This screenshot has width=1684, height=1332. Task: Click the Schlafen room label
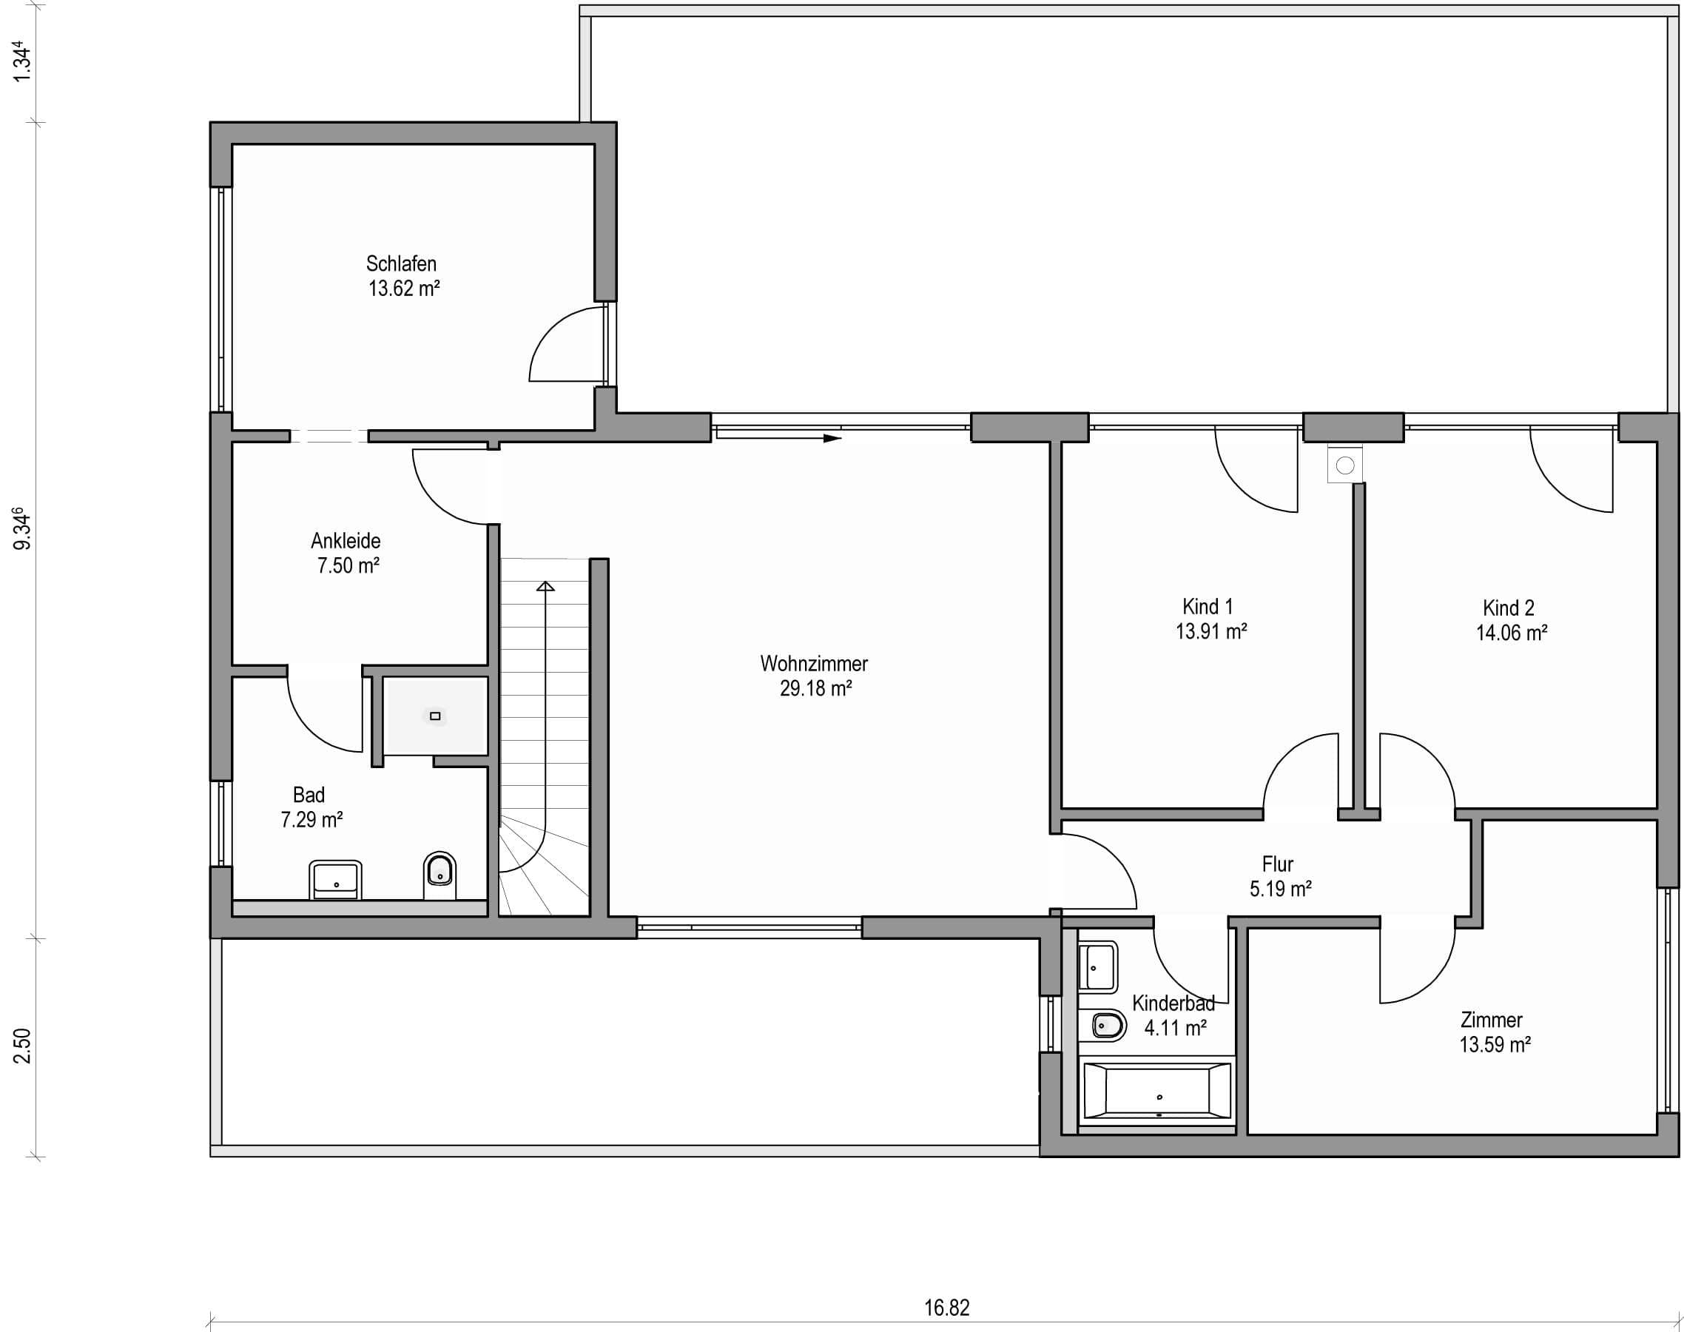(x=402, y=263)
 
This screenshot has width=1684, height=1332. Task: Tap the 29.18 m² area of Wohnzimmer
(x=815, y=689)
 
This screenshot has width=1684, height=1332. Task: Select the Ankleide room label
(x=346, y=540)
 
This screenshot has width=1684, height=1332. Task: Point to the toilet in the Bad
(x=439, y=875)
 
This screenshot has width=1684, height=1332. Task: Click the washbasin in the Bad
(x=335, y=880)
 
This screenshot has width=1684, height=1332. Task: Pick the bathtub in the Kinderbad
(x=1157, y=1091)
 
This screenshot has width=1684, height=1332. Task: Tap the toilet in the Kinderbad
(x=1108, y=1026)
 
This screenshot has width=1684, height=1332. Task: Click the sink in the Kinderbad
(x=1098, y=966)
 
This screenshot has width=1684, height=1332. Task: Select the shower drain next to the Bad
(x=435, y=716)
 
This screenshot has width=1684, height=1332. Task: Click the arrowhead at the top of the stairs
(x=546, y=585)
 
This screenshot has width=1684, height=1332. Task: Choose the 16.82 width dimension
(x=947, y=1307)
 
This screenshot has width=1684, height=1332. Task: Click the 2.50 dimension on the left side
(x=24, y=1046)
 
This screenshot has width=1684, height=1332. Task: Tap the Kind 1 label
(x=1208, y=606)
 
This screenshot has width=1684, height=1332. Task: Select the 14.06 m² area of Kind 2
(x=1512, y=633)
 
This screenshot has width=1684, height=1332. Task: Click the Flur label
(x=1278, y=864)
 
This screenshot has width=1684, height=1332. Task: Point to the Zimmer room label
(x=1492, y=1019)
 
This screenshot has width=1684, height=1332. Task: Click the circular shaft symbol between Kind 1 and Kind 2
(x=1345, y=465)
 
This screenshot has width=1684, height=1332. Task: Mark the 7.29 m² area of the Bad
(x=311, y=820)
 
